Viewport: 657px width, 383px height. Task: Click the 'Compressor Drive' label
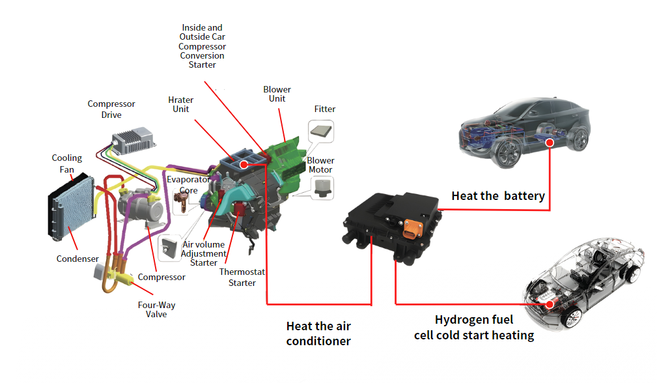pyautogui.click(x=111, y=109)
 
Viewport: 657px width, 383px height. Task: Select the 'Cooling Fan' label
pyautogui.click(x=67, y=163)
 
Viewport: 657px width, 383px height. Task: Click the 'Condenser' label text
pyautogui.click(x=77, y=259)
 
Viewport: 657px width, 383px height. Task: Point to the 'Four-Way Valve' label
pyautogui.click(x=156, y=309)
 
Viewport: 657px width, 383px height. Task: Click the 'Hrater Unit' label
pyautogui.click(x=181, y=104)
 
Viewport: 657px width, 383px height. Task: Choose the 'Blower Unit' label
pyautogui.click(x=277, y=94)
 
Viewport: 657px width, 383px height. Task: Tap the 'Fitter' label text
pyautogui.click(x=325, y=109)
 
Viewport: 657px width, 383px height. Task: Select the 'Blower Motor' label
pyautogui.click(x=320, y=165)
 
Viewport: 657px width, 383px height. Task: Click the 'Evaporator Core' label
pyautogui.click(x=188, y=184)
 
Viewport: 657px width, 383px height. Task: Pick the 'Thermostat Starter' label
pyautogui.click(x=242, y=277)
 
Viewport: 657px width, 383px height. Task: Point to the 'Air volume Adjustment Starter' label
pyautogui.click(x=204, y=253)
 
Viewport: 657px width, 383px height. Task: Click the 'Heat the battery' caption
pyautogui.click(x=498, y=195)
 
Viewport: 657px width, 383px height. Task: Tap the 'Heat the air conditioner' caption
pyautogui.click(x=318, y=333)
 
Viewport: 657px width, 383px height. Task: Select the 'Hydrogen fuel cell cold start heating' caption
pyautogui.click(x=474, y=328)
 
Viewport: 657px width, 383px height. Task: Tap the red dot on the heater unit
pyautogui.click(x=244, y=165)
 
